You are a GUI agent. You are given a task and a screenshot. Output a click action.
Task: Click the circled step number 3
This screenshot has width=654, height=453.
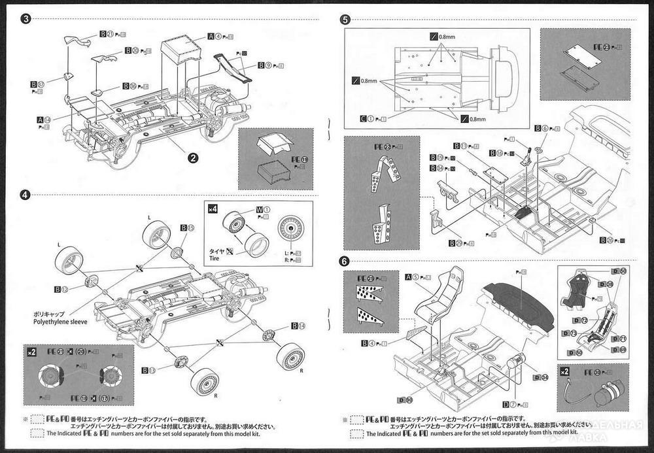point(26,18)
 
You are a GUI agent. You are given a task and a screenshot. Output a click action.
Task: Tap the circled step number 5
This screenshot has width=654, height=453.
point(346,19)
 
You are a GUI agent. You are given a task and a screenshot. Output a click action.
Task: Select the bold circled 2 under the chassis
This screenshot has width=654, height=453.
point(193,157)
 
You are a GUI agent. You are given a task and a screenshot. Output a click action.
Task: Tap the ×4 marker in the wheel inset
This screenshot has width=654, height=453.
point(212,209)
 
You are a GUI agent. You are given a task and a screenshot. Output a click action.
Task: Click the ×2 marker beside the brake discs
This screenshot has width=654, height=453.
point(31,352)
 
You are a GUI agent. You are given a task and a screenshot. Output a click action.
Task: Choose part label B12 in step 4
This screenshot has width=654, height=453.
point(60,289)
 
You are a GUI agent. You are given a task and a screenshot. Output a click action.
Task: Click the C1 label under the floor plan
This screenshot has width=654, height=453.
point(367,118)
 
